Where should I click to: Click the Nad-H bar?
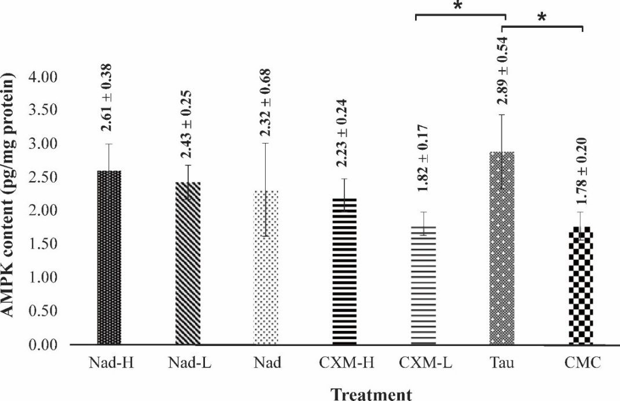pos(109,257)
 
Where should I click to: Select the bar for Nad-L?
pos(188,263)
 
